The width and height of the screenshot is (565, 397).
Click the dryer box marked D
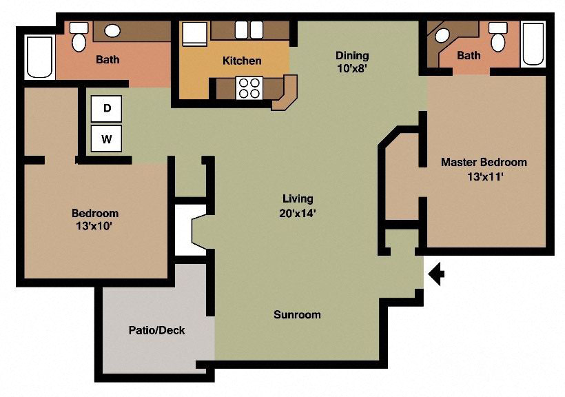(107, 108)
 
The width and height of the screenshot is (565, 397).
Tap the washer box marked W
(107, 139)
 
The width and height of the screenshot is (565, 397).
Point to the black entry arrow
(436, 275)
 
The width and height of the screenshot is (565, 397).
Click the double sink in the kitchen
(249, 30)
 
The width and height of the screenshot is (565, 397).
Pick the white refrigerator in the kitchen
(194, 33)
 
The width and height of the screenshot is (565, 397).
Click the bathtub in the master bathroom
(533, 43)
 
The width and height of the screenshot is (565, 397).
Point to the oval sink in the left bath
(112, 30)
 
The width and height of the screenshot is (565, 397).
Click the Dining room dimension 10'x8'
(352, 68)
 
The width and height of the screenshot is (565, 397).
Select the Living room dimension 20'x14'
(298, 213)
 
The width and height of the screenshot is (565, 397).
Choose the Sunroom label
(297, 314)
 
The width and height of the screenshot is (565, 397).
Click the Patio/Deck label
(156, 330)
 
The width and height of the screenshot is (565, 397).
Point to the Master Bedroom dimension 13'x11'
(484, 176)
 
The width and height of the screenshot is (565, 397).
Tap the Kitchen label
(242, 61)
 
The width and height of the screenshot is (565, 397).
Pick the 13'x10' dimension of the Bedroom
(95, 225)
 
